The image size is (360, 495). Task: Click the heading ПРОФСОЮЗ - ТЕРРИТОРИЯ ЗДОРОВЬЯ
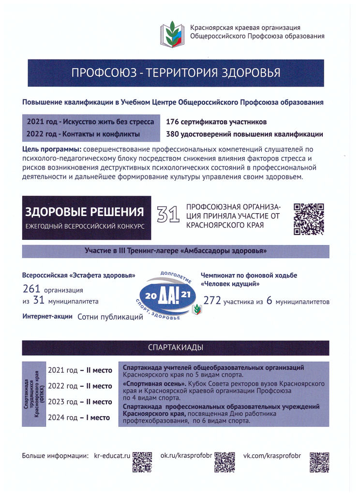(x=176, y=73)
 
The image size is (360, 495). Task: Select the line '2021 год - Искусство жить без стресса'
(x=90, y=122)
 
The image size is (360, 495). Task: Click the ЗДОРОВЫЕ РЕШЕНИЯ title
(x=85, y=212)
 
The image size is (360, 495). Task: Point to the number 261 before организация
(x=31, y=289)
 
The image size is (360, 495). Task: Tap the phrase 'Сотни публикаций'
(x=110, y=317)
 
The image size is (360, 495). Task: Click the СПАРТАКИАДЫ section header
(x=175, y=348)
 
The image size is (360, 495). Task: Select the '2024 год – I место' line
(x=80, y=417)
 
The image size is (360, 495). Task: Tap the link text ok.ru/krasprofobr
(x=187, y=456)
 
